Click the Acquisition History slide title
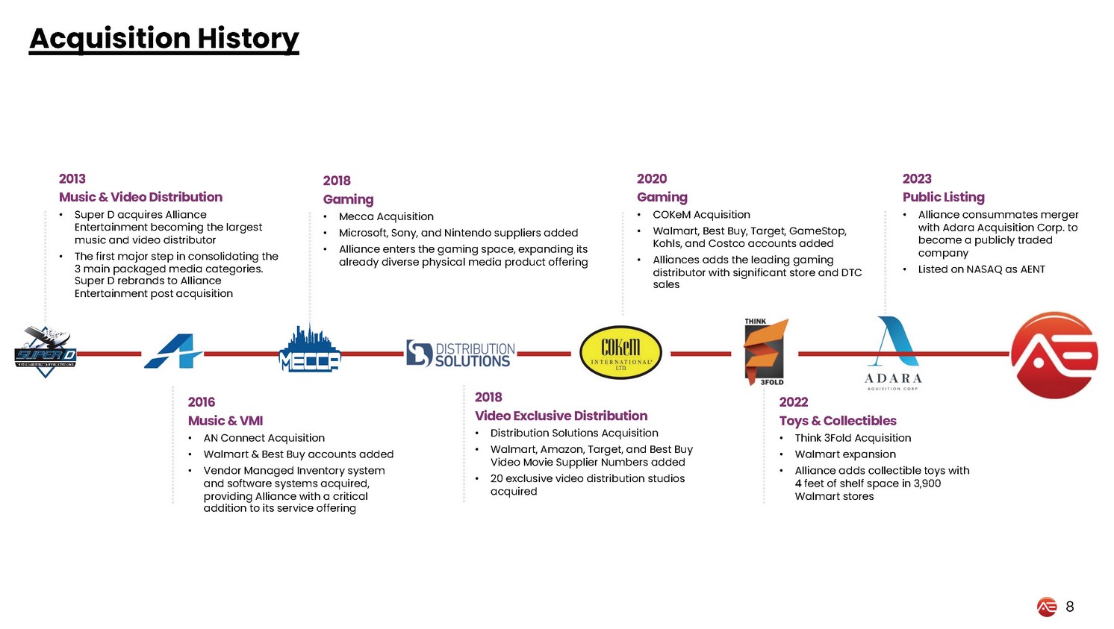tap(164, 39)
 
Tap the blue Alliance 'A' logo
tap(172, 351)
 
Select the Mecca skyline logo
tap(309, 349)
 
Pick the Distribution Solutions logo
tap(461, 354)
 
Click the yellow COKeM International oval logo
tap(620, 353)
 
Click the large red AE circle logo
tap(1054, 355)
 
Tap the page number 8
tap(1070, 607)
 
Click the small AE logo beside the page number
tap(1047, 607)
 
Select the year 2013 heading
tap(72, 179)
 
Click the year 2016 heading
tap(202, 402)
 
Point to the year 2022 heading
tap(794, 402)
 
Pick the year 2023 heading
tap(917, 179)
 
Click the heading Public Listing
tap(943, 197)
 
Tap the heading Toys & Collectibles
tap(838, 421)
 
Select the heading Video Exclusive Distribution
tap(561, 416)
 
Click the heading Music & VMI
tap(225, 421)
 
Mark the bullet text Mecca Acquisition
tap(386, 216)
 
